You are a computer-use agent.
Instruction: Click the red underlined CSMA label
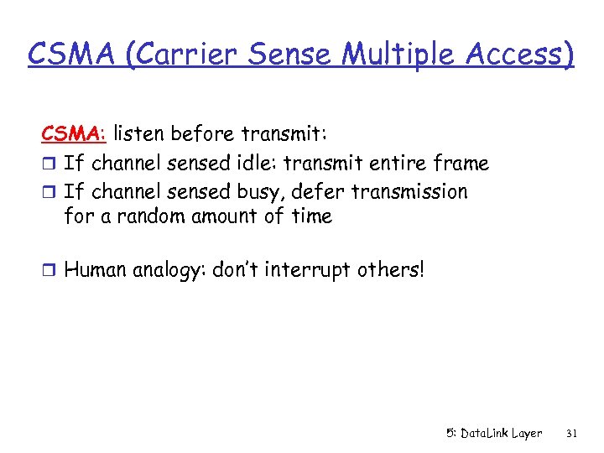[74, 133]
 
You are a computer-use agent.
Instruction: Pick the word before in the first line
[205, 133]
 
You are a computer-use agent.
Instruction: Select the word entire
[383, 163]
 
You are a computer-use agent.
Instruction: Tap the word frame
[458, 163]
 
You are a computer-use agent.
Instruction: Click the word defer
[317, 192]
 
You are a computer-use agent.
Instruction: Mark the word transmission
[410, 192]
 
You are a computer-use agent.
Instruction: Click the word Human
[95, 270]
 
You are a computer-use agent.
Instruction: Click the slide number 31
[572, 434]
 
